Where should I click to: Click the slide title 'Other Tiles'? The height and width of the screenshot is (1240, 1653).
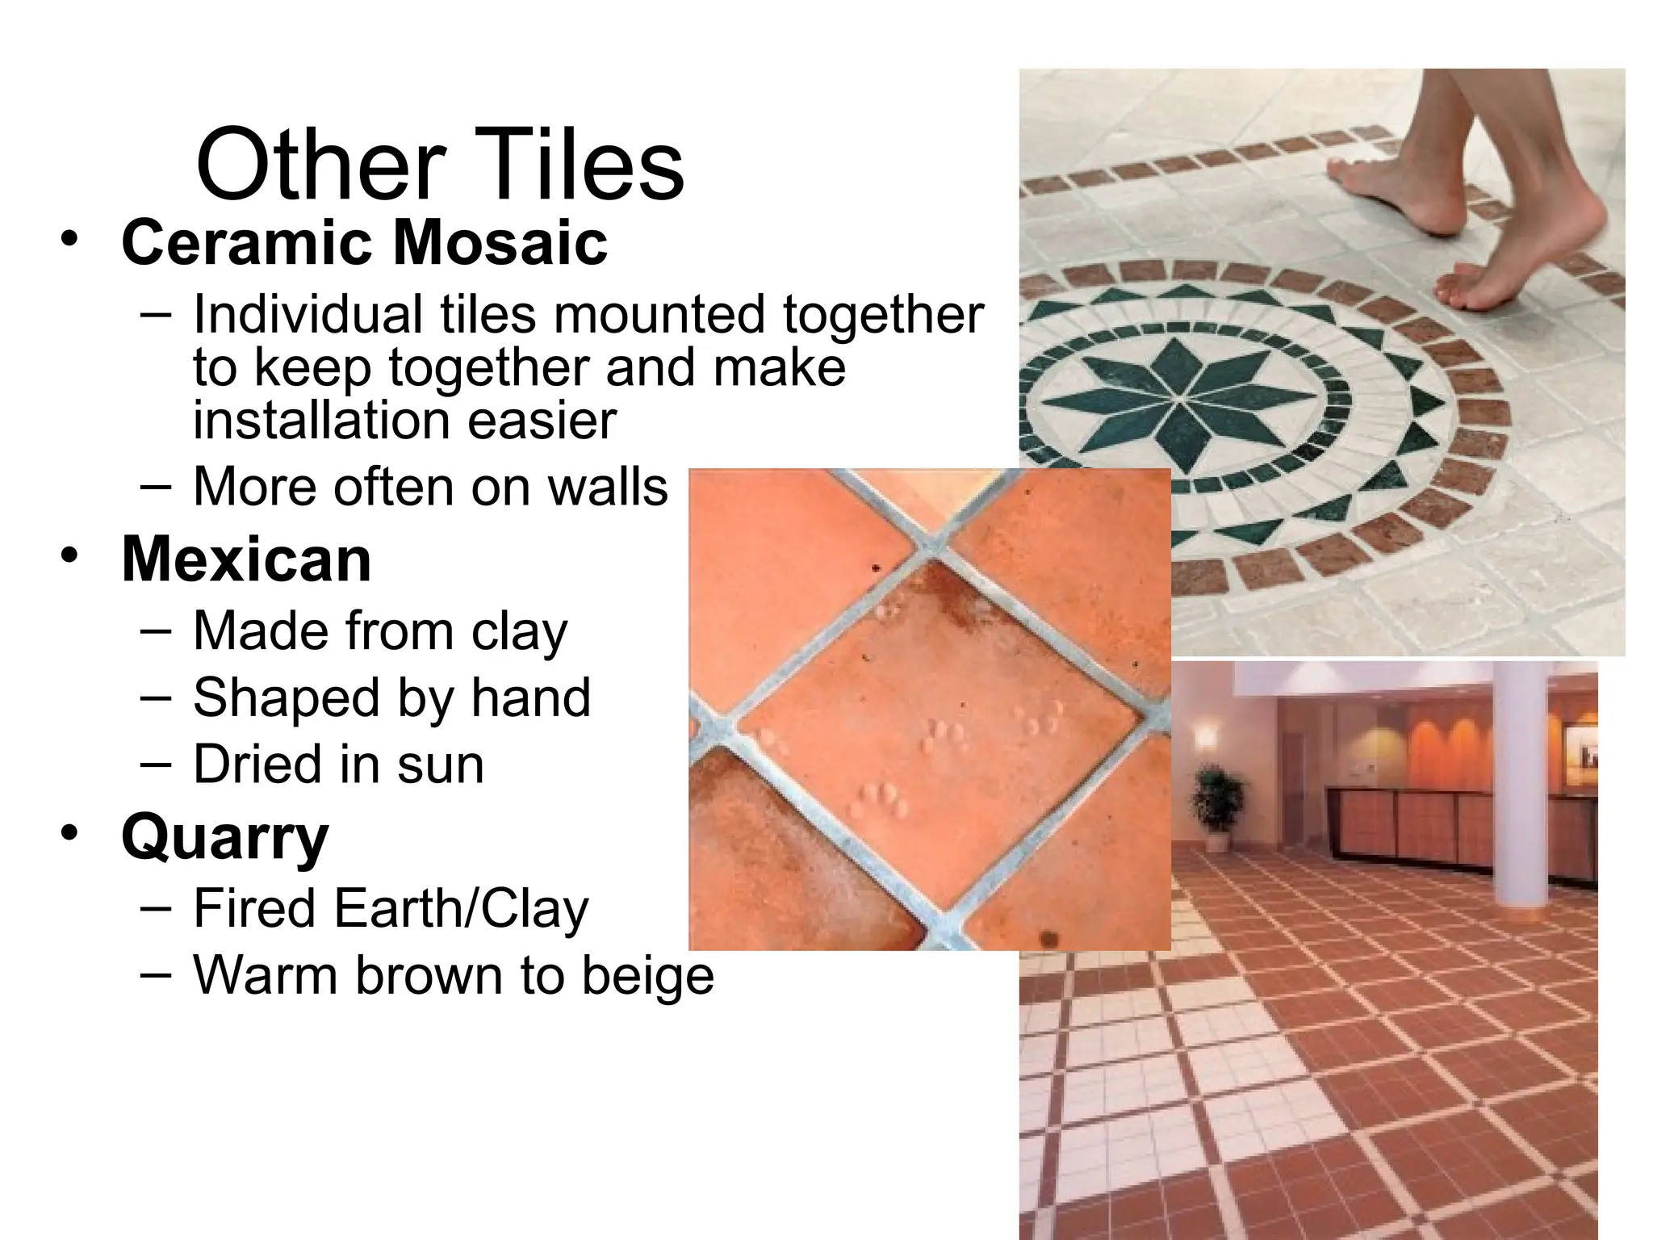[440, 165]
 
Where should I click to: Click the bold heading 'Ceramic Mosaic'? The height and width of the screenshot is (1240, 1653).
[364, 242]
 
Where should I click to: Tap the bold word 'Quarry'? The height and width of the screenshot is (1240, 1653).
[224, 838]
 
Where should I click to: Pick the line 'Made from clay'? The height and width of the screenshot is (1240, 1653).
[380, 631]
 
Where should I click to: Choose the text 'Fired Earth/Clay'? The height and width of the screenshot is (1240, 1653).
[391, 910]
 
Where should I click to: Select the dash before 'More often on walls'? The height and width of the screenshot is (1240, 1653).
[155, 487]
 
